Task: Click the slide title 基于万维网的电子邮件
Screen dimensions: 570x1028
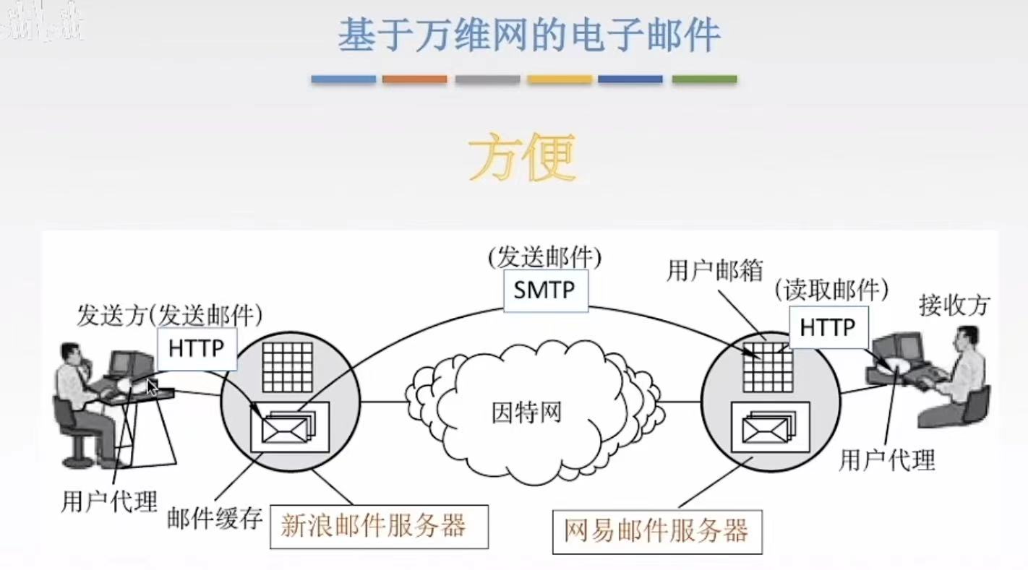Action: [x=528, y=34]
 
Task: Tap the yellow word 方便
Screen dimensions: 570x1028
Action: [x=521, y=157]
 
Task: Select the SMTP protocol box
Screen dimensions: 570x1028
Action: [x=544, y=290]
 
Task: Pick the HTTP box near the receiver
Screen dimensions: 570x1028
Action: [x=828, y=327]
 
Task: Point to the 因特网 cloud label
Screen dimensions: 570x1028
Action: [x=526, y=413]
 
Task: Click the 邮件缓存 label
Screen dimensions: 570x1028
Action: [x=214, y=518]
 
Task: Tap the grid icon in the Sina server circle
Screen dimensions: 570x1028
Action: [x=287, y=366]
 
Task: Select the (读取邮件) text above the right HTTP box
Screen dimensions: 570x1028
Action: [x=831, y=290]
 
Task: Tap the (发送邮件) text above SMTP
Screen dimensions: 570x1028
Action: [x=544, y=256]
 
